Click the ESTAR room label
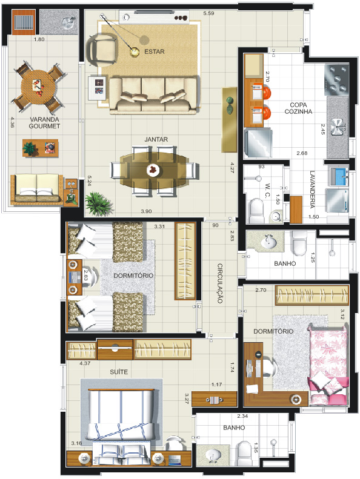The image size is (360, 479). pos(154,51)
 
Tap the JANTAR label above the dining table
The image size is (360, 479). pos(156,139)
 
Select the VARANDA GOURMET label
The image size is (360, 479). pos(44,122)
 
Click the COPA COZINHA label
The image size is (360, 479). pos(298,108)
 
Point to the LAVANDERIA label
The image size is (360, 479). pos(312,190)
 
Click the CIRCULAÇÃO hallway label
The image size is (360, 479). pos(220,283)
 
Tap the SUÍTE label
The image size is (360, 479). pos(119,372)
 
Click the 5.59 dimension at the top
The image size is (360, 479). pos(208,13)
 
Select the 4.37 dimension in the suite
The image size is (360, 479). pos(85,363)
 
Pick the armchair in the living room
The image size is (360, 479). pos(102,50)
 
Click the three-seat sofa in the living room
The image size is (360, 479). pos(153,95)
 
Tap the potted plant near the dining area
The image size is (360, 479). pos(98,203)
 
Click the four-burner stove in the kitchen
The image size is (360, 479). pos(336,79)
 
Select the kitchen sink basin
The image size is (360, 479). pos(338,127)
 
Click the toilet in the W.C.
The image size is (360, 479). pos(256,211)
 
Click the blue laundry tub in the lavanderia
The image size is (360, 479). pos(338,177)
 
